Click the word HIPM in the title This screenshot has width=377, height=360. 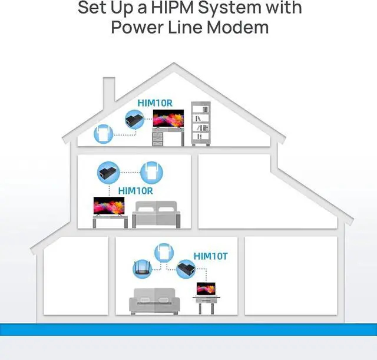173,8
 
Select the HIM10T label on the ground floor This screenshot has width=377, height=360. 210,256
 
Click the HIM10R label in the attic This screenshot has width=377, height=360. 155,103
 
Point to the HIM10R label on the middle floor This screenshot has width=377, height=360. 135,191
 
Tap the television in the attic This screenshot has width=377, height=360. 168,118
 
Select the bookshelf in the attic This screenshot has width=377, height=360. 201,124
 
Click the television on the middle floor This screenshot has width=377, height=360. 109,206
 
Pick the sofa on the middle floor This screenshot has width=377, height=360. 156,214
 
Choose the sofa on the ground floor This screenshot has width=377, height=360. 154,301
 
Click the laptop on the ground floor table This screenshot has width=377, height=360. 206,289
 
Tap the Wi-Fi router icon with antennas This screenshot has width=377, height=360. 143,269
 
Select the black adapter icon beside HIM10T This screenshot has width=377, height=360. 186,269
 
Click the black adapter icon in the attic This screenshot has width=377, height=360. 134,119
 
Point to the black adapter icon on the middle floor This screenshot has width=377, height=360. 108,173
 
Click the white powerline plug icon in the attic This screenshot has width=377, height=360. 104,134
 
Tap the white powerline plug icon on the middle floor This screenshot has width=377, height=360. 151,173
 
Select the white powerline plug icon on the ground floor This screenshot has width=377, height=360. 164,253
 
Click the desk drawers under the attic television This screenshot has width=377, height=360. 157,139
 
